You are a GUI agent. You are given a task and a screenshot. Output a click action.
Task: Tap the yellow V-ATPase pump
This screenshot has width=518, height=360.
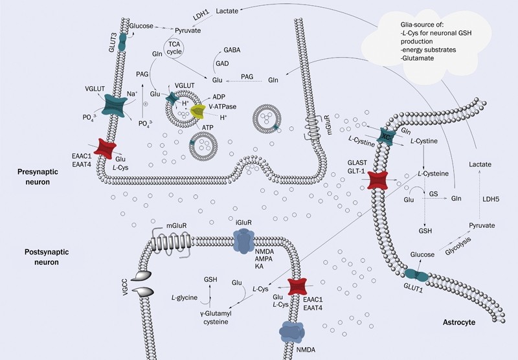click(x=197, y=111)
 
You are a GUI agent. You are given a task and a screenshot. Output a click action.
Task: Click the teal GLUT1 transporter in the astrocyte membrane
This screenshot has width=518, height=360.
click(x=416, y=275)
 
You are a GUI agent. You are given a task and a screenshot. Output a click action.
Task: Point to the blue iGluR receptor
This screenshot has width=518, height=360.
click(x=243, y=242)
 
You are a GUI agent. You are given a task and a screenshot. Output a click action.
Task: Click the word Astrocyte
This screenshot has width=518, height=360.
click(x=459, y=322)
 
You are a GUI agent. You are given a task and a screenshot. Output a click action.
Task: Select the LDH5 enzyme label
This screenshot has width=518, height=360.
click(x=491, y=199)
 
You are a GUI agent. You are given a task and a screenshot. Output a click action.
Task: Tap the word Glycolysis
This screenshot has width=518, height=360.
click(x=458, y=246)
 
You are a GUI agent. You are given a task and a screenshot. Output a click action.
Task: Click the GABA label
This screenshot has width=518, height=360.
click(x=232, y=51)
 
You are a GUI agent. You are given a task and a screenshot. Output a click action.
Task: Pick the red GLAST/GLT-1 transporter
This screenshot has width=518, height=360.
click(x=377, y=181)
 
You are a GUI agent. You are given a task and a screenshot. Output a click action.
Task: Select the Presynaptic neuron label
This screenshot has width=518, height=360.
click(x=38, y=177)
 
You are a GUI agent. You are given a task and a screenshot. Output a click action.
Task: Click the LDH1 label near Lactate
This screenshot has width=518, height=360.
click(x=201, y=15)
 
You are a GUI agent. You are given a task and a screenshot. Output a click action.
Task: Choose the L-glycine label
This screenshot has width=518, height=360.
click(x=185, y=298)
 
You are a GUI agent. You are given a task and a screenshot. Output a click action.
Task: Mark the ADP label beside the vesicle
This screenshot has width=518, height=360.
click(x=219, y=97)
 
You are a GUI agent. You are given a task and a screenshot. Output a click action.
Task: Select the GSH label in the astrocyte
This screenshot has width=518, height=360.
click(x=425, y=231)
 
